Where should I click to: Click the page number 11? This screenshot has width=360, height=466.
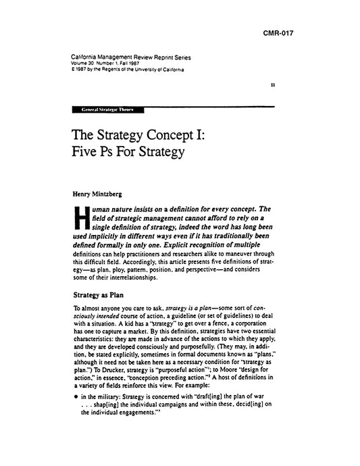[x=290, y=86]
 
